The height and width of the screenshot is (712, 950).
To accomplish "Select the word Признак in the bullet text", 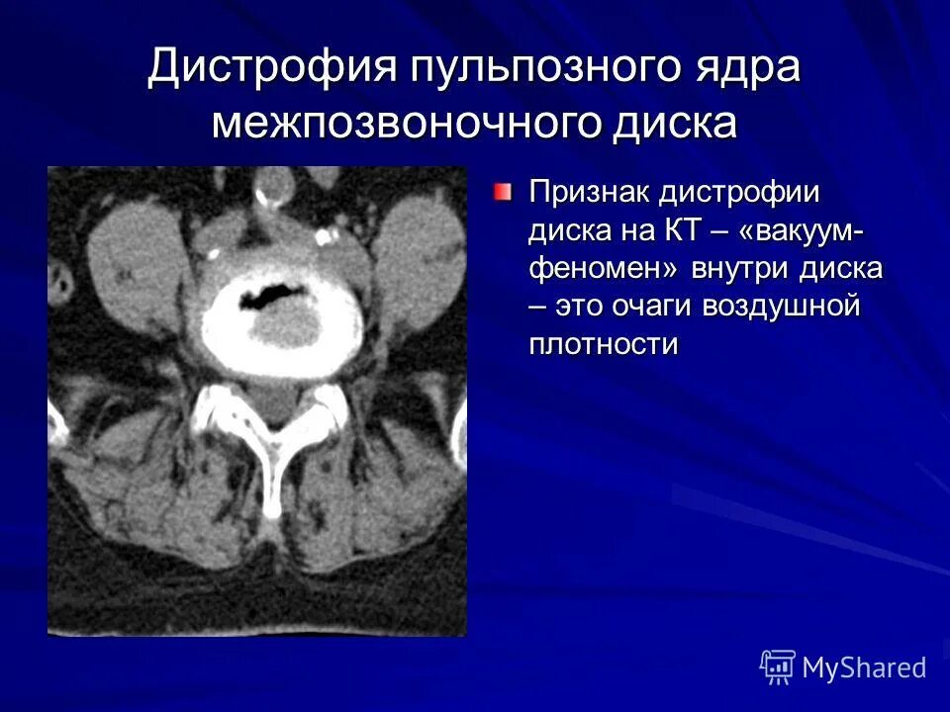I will pos(585,191).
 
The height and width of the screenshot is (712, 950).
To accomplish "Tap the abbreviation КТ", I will pos(686,229).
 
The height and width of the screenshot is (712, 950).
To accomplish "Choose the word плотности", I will pos(604,344).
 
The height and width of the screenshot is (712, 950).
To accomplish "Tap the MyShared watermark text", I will pos(863,667).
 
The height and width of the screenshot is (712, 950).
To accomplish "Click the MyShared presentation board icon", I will pos(778,667).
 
